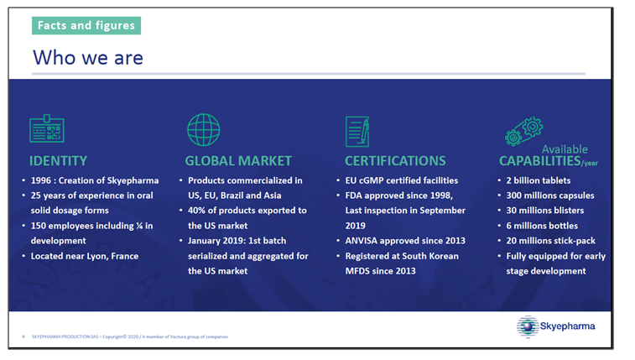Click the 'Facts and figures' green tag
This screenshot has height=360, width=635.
pyautogui.click(x=86, y=25)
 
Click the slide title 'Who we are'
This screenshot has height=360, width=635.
pyautogui.click(x=87, y=57)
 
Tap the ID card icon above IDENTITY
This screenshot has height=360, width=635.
pyautogui.click(x=46, y=131)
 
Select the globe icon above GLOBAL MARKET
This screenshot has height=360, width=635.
pyautogui.click(x=203, y=130)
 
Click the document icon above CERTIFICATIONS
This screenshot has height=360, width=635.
pyautogui.click(x=357, y=131)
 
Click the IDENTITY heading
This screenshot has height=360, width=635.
pyautogui.click(x=58, y=160)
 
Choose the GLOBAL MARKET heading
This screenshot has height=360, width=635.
pyautogui.click(x=237, y=160)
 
